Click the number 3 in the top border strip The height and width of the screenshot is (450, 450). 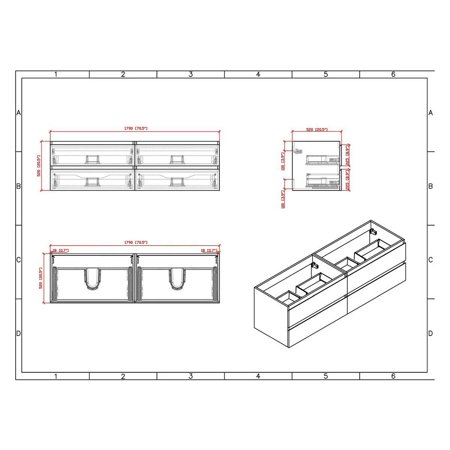pyautogui.click(x=190, y=74)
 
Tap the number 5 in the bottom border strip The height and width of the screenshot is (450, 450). pyautogui.click(x=325, y=376)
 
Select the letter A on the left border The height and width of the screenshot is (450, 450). pyautogui.click(x=18, y=113)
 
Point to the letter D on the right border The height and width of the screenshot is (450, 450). pyautogui.click(x=430, y=333)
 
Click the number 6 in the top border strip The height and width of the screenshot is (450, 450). pyautogui.click(x=393, y=74)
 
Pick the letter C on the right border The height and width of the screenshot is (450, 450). pyautogui.click(x=430, y=260)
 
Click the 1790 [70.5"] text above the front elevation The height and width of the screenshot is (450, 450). pyautogui.click(x=136, y=129)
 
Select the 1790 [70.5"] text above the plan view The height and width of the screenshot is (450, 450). pyautogui.click(x=136, y=243)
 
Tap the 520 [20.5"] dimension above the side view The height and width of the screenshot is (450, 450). pyautogui.click(x=317, y=130)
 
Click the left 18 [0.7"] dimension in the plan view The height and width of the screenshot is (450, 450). pyautogui.click(x=60, y=250)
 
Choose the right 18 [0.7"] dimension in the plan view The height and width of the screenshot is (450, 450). pyautogui.click(x=209, y=250)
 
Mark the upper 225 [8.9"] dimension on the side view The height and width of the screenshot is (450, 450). pyautogui.click(x=348, y=156)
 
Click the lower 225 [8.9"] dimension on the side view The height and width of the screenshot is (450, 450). pyautogui.click(x=348, y=180)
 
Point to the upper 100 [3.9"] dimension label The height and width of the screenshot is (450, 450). pyautogui.click(x=283, y=161)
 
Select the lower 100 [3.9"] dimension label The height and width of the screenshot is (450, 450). pyautogui.click(x=283, y=199)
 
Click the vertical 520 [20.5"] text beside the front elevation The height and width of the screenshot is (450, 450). pyautogui.click(x=39, y=166)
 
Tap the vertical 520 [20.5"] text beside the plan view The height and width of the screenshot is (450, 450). pyautogui.click(x=40, y=278)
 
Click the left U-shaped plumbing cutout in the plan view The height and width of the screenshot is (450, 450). pyautogui.click(x=92, y=279)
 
